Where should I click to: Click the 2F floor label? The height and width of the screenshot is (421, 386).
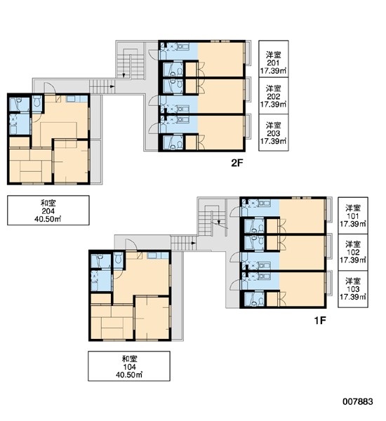click(237, 163)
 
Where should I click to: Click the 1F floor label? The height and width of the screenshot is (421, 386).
click(320, 320)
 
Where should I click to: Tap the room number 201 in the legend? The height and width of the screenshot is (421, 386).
click(273, 63)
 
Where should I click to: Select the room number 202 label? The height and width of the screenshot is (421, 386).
click(273, 96)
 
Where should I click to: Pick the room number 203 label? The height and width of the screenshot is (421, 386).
click(273, 133)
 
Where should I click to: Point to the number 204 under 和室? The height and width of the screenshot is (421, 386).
click(48, 211)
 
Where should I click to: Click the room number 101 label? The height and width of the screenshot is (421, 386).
click(353, 216)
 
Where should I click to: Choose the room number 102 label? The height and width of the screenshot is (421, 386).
click(353, 253)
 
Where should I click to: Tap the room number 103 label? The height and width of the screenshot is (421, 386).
click(353, 289)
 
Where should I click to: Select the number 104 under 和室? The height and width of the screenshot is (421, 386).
click(129, 367)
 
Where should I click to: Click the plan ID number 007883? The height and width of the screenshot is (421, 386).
click(357, 401)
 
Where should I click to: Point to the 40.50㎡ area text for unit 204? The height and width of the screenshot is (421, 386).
click(48, 219)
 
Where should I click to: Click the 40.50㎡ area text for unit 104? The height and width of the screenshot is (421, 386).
click(129, 375)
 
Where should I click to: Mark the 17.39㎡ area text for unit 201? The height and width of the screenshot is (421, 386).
click(273, 71)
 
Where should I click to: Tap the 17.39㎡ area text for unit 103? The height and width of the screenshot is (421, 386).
click(353, 297)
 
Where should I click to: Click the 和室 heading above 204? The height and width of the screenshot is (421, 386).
click(48, 203)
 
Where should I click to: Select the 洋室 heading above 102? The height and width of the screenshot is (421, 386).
click(353, 244)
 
